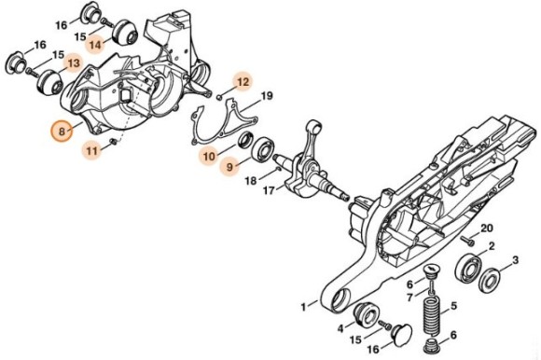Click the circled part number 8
[x=62, y=132]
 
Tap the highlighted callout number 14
[x=96, y=42]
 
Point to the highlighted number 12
[x=243, y=82]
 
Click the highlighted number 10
[x=210, y=154]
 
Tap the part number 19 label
[x=266, y=96]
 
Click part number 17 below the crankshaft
[x=269, y=191]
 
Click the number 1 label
[x=303, y=305]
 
